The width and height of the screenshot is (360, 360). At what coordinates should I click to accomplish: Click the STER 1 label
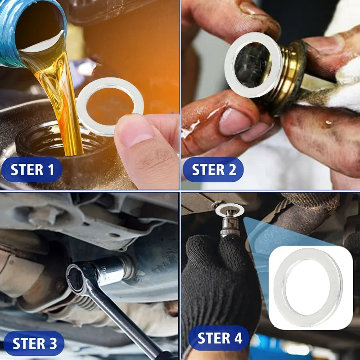tap(32, 170)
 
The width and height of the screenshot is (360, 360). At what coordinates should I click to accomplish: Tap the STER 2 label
tap(213, 170)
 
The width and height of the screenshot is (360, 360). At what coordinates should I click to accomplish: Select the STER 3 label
tap(35, 343)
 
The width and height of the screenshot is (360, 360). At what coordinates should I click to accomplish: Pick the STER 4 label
tap(219, 338)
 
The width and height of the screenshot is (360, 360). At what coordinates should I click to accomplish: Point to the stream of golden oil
tap(60, 96)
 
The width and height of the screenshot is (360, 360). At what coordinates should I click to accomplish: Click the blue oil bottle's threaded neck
tap(9, 35)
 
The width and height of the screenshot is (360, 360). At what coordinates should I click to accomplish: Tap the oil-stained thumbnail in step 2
tap(234, 121)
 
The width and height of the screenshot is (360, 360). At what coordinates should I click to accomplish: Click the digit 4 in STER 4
tap(238, 338)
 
